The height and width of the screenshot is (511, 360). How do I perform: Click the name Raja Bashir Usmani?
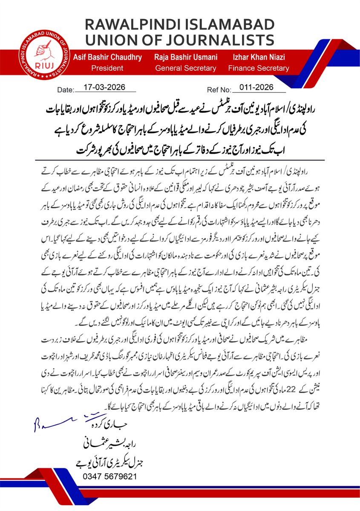[x=185, y=57]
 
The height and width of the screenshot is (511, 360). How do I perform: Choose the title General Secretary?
[x=185, y=68]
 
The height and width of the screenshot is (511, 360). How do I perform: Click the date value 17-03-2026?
[x=104, y=87]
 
